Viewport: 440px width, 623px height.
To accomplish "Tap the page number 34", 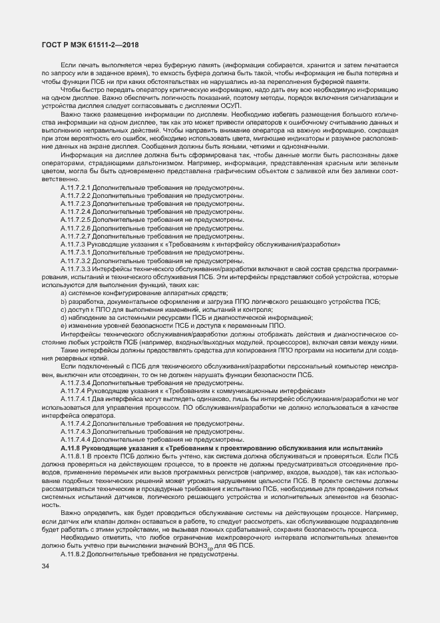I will coord(45,566).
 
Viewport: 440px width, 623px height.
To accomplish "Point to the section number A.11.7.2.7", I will coord(75,236).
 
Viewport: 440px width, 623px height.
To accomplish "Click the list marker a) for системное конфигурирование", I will coord(63,293).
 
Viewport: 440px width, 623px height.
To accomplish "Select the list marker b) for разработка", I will coord(63,302).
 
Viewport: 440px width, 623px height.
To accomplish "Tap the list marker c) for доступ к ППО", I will coord(63,310).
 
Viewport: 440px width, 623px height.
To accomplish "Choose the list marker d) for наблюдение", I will coord(63,318).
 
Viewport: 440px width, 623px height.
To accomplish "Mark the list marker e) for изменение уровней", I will coord(63,326).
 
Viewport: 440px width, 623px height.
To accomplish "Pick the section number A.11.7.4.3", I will coord(75,432).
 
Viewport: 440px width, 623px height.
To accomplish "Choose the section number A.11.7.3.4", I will coord(75,384).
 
